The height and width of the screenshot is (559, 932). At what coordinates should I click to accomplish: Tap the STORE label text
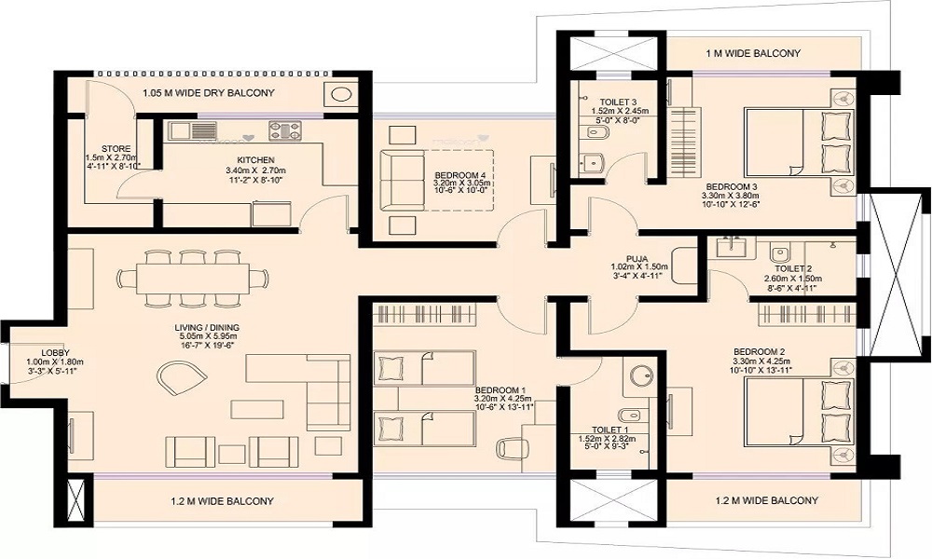tap(116, 148)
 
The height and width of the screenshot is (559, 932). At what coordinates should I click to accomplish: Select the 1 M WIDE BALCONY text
tap(752, 53)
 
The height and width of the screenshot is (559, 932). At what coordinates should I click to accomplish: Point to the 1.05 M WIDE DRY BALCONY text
tap(208, 92)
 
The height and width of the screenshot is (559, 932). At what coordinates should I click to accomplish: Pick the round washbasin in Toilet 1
tap(640, 375)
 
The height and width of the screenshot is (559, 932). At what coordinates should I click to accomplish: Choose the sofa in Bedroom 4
tap(404, 180)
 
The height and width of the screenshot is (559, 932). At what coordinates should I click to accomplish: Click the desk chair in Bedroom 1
tap(510, 448)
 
